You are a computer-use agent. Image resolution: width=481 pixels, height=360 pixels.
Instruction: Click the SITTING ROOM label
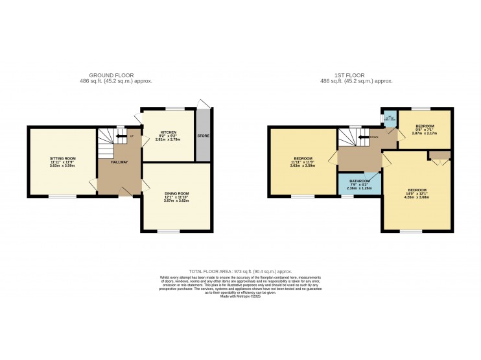point(63,158)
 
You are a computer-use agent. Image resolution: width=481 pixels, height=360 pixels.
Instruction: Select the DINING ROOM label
point(176,193)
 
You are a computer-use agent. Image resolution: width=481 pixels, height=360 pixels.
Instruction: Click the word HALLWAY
point(119,162)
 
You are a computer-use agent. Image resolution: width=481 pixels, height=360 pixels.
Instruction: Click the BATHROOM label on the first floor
point(360,181)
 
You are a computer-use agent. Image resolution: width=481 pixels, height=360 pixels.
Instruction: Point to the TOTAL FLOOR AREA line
point(240,271)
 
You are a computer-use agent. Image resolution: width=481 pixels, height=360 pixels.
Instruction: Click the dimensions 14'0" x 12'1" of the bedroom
point(417,194)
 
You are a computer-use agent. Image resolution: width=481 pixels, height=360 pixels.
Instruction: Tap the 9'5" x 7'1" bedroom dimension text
point(425,129)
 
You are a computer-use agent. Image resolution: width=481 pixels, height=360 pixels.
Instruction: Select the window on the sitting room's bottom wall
point(63,196)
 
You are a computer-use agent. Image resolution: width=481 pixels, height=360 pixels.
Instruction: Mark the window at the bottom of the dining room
point(170,232)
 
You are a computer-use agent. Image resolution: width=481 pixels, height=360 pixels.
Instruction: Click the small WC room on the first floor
point(389,119)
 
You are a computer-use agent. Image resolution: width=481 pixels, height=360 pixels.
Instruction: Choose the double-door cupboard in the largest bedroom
point(439,154)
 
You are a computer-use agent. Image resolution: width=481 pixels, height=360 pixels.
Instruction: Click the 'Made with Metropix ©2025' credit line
point(240,296)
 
